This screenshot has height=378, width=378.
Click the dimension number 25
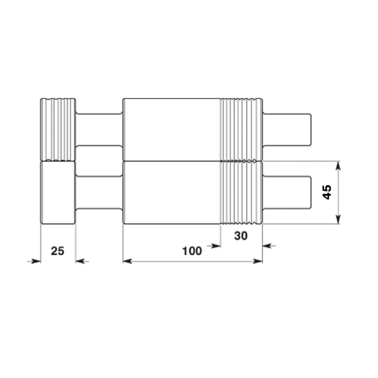coord(58,251)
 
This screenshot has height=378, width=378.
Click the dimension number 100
coord(192,251)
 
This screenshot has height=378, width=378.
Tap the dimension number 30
coord(241,236)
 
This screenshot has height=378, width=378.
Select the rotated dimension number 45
coord(327,192)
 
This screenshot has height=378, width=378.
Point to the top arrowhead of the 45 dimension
coord(338,166)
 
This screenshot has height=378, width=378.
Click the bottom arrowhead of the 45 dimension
coord(338,219)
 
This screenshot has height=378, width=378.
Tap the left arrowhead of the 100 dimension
coord(128,261)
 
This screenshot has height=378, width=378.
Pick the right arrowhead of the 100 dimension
coord(258,261)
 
